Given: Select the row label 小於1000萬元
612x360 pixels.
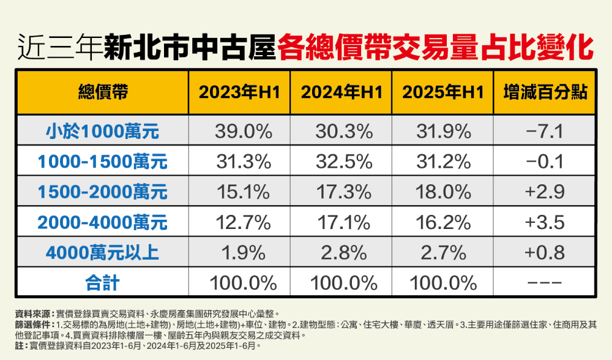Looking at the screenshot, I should pyautogui.click(x=103, y=130).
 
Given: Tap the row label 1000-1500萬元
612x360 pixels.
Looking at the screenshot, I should pyautogui.click(x=103, y=162).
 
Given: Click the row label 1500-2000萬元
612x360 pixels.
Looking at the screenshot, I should pyautogui.click(x=103, y=192).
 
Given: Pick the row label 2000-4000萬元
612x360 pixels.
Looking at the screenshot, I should pyautogui.click(x=103, y=222).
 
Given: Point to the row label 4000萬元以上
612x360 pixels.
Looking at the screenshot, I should pyautogui.click(x=103, y=252).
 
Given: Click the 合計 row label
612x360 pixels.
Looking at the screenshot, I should pyautogui.click(x=103, y=283).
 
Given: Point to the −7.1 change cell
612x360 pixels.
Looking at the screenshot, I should pyautogui.click(x=544, y=130).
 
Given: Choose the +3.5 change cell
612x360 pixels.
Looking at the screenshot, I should pyautogui.click(x=544, y=222).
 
